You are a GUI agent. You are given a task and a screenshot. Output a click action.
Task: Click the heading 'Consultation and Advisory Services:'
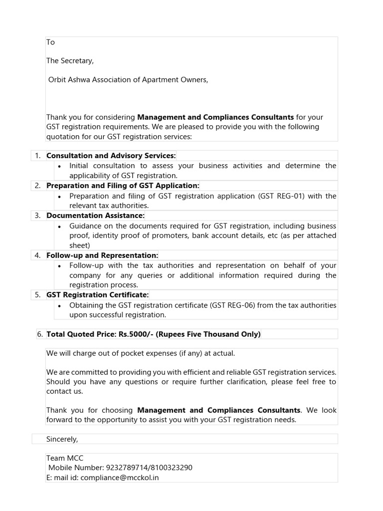coord(111,156)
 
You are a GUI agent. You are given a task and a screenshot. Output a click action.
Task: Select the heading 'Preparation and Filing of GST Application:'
coord(123,186)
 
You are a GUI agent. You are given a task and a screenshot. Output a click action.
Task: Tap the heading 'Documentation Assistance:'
coord(95,216)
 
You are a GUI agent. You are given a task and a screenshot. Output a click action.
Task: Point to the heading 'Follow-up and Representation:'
coord(102,255)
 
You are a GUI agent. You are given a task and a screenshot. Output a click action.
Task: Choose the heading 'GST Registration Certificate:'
coord(98,295)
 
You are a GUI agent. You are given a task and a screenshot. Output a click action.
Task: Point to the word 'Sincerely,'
coord(62,439)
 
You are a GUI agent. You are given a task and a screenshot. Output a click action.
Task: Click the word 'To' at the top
coord(50,42)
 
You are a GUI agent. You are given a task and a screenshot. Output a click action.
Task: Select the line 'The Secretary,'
coord(70,61)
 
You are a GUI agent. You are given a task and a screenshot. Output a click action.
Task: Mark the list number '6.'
coord(40,334)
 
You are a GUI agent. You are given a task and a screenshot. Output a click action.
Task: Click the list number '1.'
coord(38,156)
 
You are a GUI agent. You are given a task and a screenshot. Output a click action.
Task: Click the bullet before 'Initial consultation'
coord(60,166)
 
